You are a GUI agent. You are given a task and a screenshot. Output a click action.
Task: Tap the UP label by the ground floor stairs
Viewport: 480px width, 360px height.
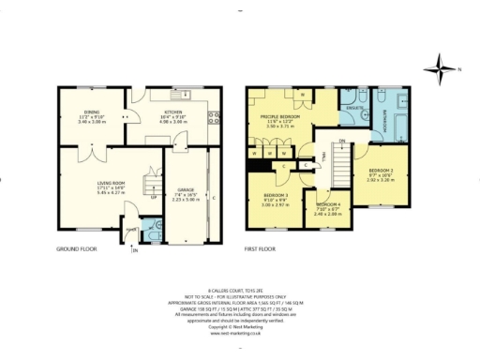click(153, 198)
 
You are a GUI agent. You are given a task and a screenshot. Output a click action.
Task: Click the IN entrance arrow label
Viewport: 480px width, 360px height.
click(134, 250)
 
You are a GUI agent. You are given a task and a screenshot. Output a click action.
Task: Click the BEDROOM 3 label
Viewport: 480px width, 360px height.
click(276, 196)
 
